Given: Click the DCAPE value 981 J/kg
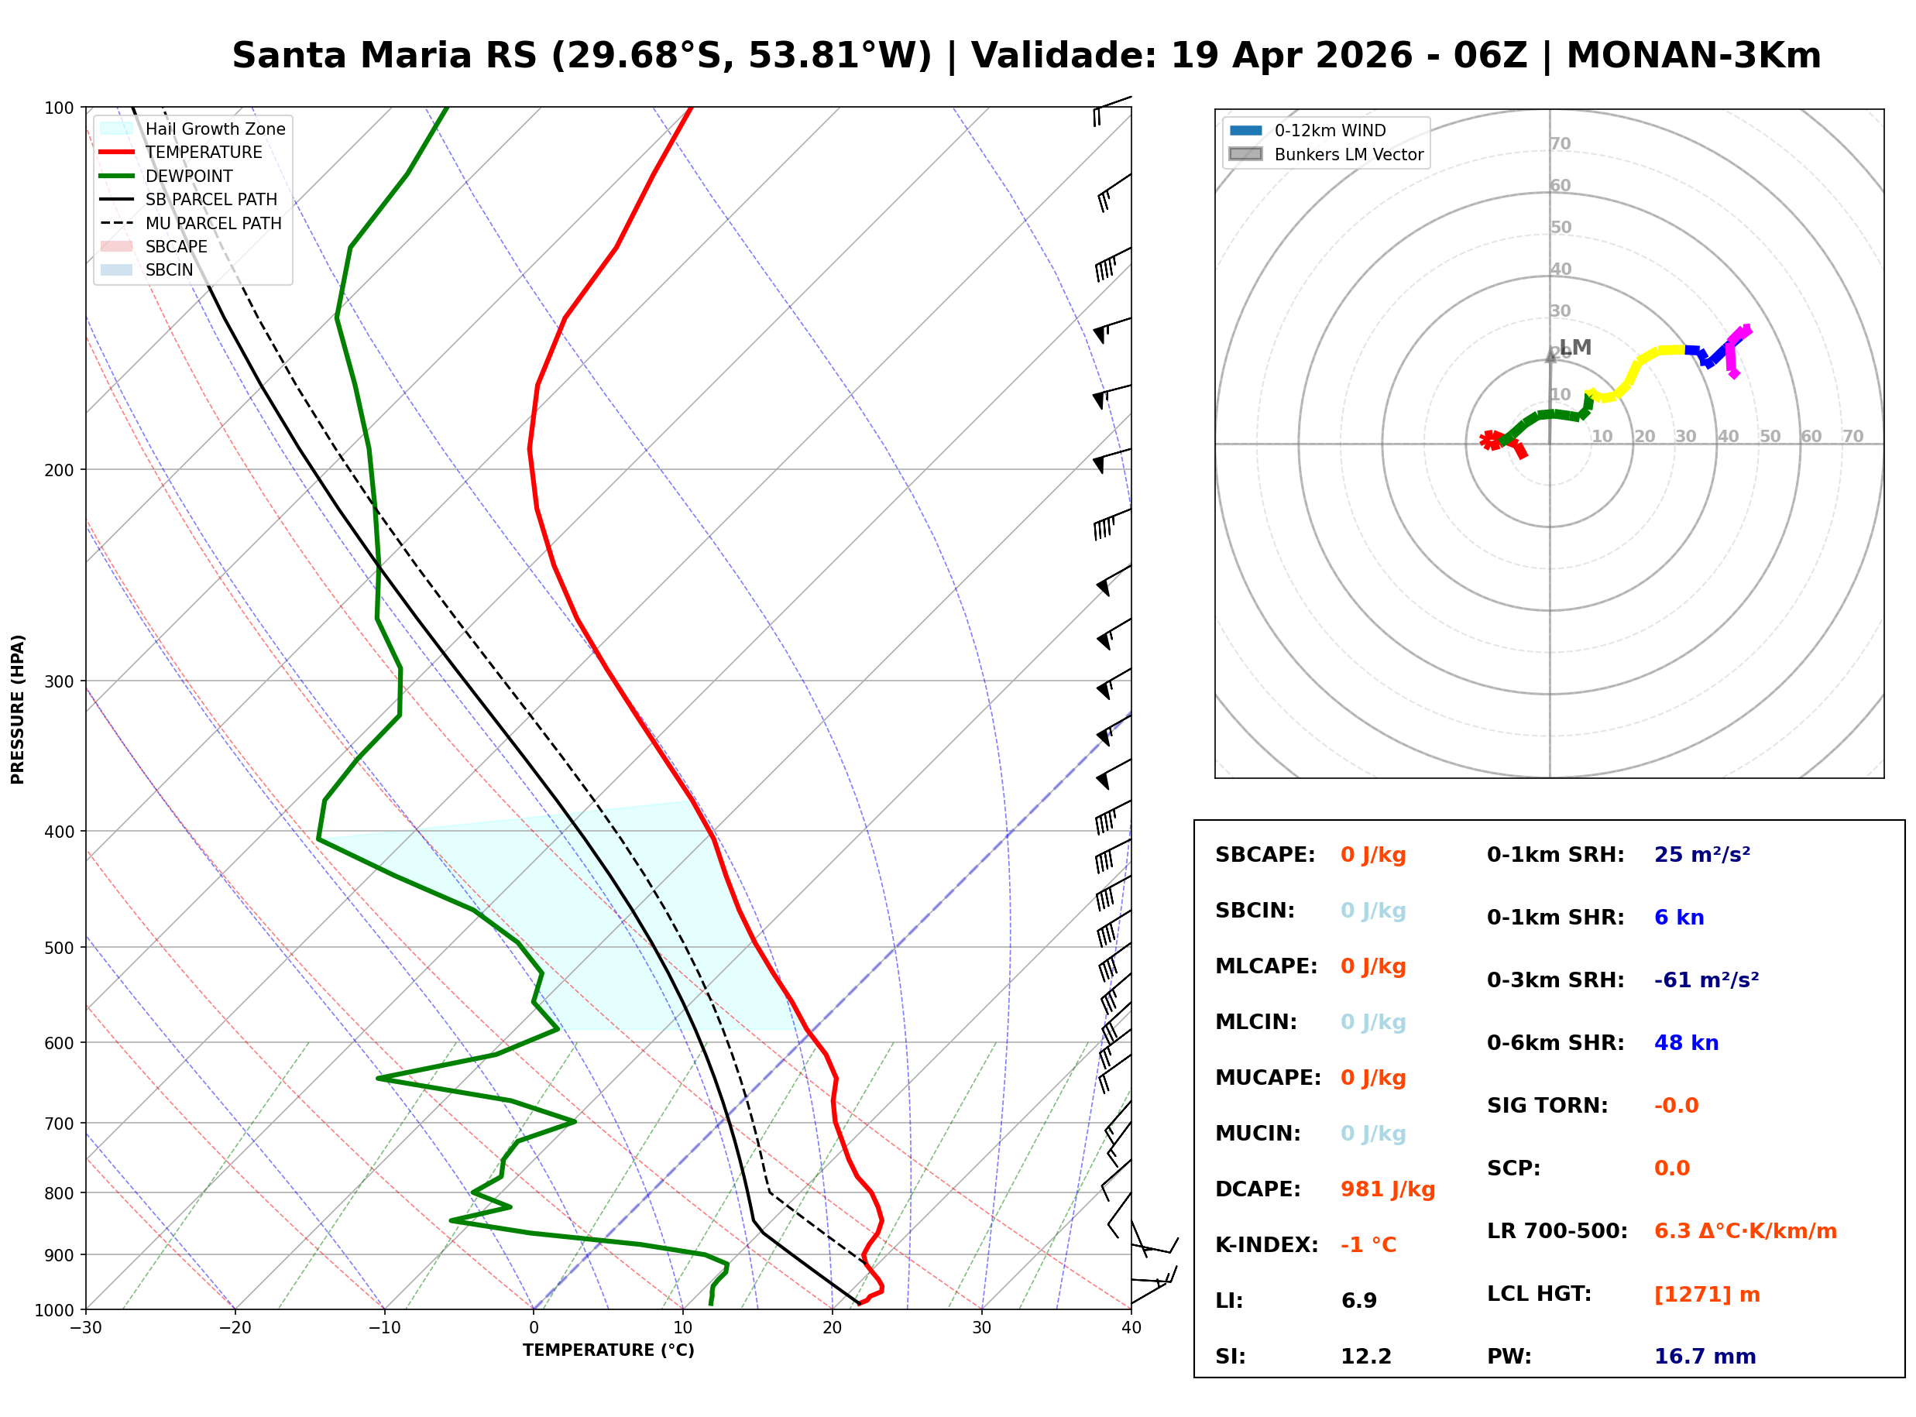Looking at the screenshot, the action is tap(1388, 1189).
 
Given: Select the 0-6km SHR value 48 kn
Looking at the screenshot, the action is tap(1686, 1043).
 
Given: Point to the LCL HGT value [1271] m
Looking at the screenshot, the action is tap(1707, 1295).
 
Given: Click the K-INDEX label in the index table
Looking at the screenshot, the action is tap(1267, 1245).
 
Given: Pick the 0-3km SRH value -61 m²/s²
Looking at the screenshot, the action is tap(1707, 980).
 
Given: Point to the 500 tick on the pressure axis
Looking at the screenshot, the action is tap(59, 948).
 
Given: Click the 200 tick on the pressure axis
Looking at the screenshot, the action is tap(59, 470).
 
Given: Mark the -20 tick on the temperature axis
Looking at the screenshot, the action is tap(235, 1328).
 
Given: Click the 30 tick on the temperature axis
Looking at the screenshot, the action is tap(982, 1328).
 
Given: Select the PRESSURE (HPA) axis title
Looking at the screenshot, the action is tap(17, 709).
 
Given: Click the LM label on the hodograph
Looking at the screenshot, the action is tap(1574, 348).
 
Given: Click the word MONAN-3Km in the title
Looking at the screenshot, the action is tap(1694, 56).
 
